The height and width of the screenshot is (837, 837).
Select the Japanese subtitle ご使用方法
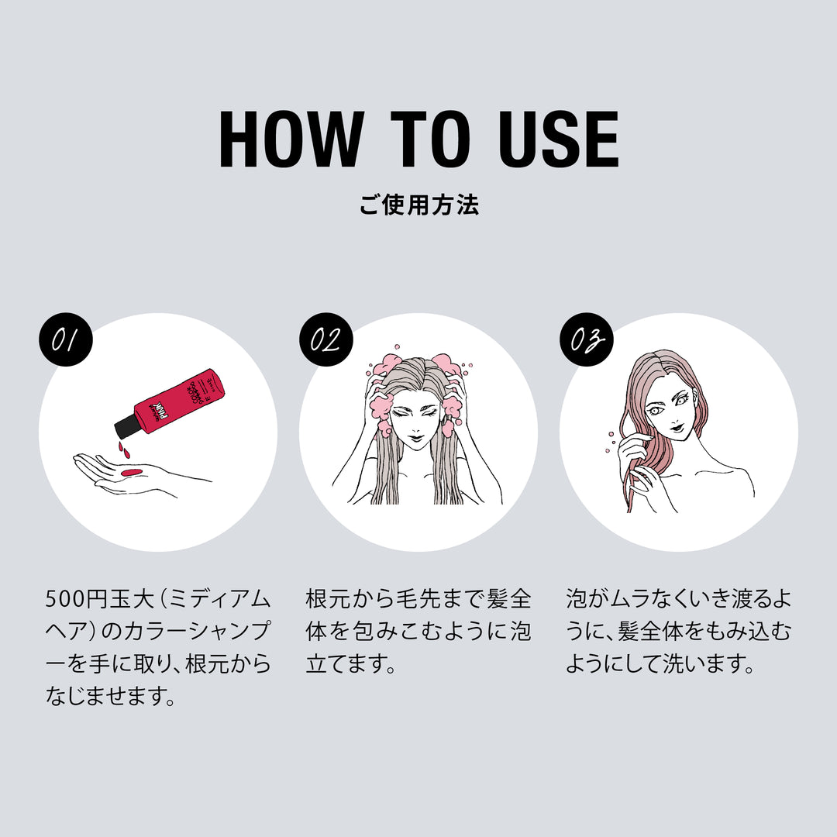418,205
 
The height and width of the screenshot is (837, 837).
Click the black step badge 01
66,340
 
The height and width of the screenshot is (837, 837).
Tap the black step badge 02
326,340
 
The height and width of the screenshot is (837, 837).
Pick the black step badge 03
587,340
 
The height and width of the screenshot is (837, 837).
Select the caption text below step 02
418,632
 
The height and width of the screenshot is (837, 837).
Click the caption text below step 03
678,632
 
